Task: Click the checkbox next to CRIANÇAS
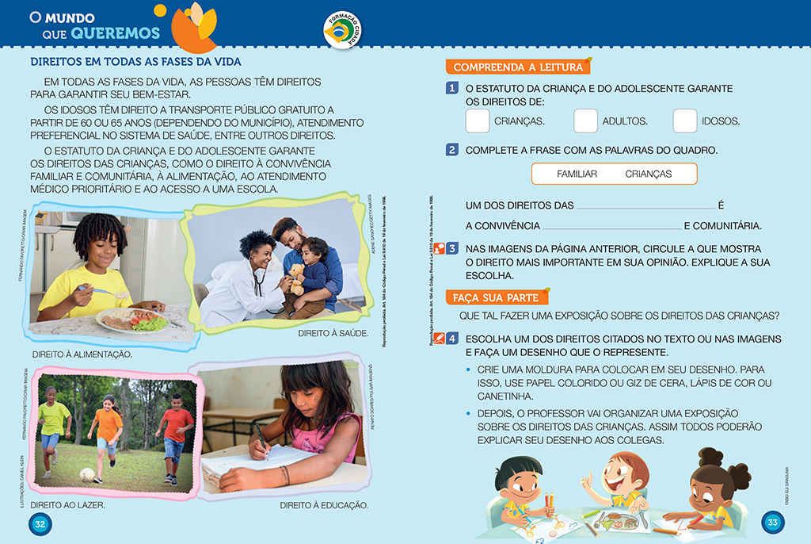point(478,121)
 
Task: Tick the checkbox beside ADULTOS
point(585,121)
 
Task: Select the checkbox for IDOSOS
point(685,121)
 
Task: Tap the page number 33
point(773,523)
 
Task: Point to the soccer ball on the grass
point(86,474)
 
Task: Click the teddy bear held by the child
point(296,278)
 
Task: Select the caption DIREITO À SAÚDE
point(333,333)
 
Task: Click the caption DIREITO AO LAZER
point(67,504)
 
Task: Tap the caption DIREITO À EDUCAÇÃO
point(325,504)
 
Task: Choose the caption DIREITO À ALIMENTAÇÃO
point(82,354)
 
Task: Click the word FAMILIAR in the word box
point(577,174)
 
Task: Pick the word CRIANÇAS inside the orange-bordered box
point(648,174)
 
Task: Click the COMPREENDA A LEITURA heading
point(517,67)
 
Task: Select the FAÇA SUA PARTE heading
point(495,297)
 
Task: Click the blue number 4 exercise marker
point(451,339)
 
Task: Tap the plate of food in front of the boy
point(131,319)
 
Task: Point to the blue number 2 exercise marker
point(451,150)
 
